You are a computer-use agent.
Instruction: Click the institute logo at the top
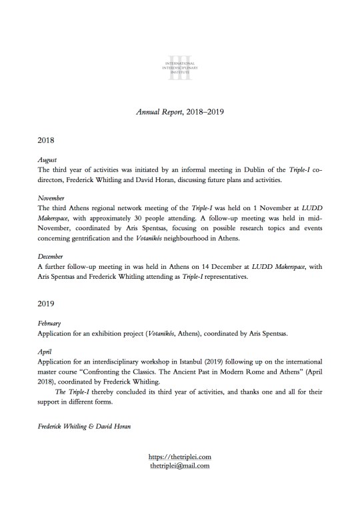[x=179, y=67]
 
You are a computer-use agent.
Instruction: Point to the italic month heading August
[x=47, y=161]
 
